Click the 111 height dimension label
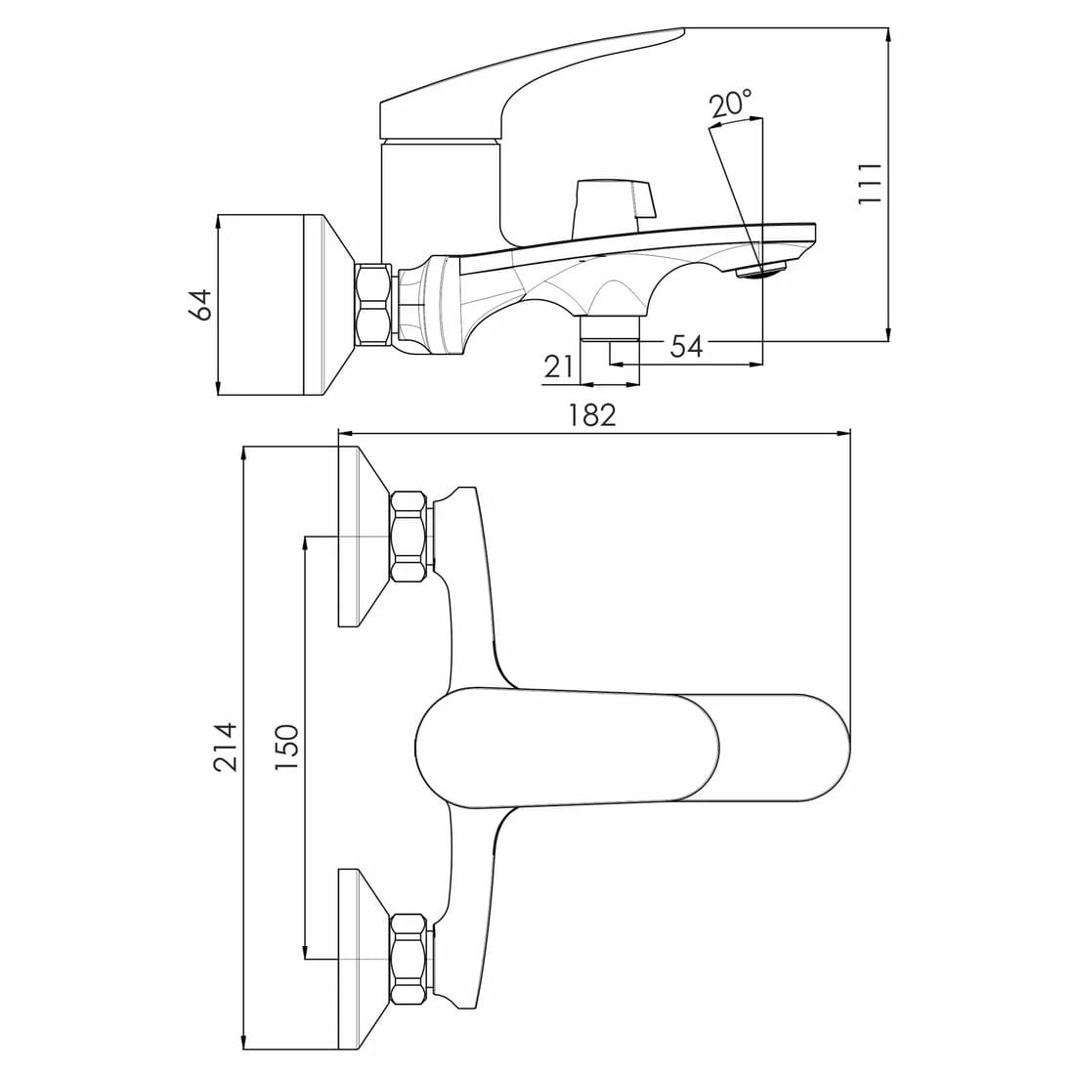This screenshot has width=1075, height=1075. (x=870, y=183)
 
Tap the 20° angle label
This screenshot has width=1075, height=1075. (x=731, y=105)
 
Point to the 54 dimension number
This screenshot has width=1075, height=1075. (x=686, y=346)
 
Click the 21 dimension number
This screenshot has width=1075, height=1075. (x=558, y=367)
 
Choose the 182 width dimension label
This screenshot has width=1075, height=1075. (x=592, y=414)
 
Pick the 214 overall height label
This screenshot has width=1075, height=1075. (x=226, y=747)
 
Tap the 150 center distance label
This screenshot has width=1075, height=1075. (x=287, y=747)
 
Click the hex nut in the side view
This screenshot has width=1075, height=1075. (x=374, y=303)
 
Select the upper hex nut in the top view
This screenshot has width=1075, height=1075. (x=409, y=537)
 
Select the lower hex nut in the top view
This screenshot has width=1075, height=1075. (x=409, y=959)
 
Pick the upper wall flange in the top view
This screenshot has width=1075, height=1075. (x=365, y=537)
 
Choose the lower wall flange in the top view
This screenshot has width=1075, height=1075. (x=365, y=959)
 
